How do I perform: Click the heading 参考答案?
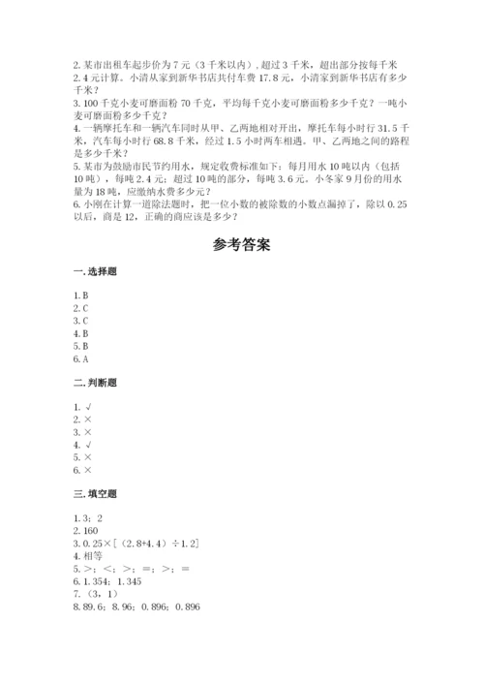[241, 244]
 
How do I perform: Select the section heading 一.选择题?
[93, 274]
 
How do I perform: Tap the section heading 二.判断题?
[93, 383]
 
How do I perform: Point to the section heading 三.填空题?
[93, 493]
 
